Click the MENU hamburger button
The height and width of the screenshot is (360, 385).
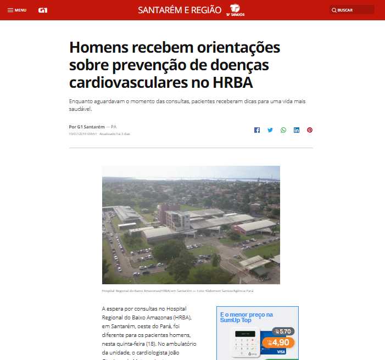tap(16, 10)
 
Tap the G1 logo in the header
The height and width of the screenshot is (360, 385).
tap(43, 10)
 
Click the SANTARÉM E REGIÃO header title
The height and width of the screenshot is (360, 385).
tap(180, 10)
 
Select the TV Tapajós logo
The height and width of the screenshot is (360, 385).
tap(235, 10)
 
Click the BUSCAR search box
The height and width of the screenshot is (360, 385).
tap(352, 10)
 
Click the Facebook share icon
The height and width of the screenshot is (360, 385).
tap(256, 130)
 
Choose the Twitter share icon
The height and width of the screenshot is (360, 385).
tap(270, 130)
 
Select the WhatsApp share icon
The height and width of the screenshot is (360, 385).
tap(283, 130)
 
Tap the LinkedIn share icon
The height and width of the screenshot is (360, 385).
tap(297, 130)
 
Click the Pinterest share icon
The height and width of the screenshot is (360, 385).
tap(310, 130)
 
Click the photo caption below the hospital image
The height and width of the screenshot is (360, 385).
tap(177, 291)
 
